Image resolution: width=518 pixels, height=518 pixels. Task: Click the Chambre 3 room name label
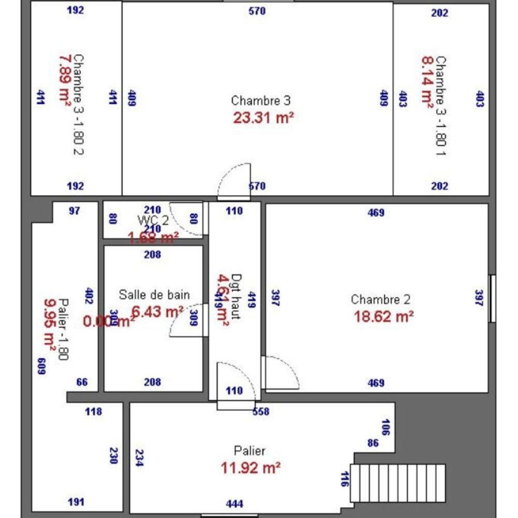point(261,100)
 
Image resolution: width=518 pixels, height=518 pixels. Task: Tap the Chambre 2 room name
point(381,299)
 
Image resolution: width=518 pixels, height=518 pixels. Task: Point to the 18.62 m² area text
point(383,316)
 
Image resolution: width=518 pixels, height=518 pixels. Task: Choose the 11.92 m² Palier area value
point(251,468)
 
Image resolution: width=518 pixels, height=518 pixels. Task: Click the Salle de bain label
point(154,295)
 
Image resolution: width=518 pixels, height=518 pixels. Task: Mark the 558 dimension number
point(261,412)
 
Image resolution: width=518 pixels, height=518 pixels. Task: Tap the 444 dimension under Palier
point(235,503)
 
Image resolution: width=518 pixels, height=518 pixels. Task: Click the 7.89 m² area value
point(65,81)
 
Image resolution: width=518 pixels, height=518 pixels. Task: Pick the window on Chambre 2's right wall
point(493,298)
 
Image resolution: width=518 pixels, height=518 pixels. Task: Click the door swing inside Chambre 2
point(280,372)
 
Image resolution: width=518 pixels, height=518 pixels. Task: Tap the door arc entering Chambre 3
point(234,181)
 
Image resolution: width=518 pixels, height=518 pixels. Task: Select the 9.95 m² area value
point(50,328)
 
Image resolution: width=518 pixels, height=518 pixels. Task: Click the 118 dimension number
point(93,412)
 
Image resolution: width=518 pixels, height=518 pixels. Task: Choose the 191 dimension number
point(76,501)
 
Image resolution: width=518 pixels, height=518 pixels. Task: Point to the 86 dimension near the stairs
point(373,443)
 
